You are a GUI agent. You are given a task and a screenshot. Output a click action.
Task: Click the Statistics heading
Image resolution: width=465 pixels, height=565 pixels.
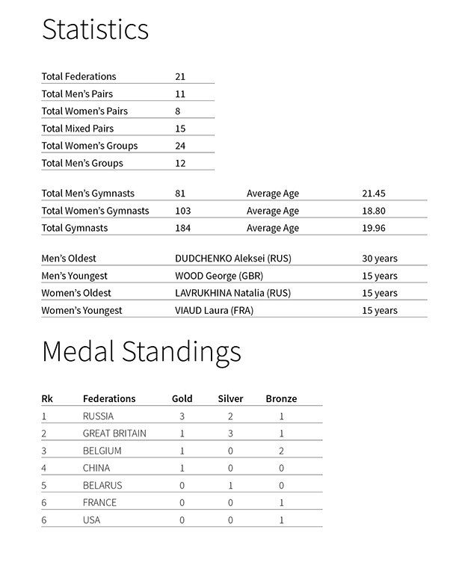click(95, 30)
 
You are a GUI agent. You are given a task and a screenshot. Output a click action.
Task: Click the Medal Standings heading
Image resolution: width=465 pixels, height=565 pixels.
click(141, 351)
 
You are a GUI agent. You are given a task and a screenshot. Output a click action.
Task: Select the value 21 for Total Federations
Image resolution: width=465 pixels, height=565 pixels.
click(179, 76)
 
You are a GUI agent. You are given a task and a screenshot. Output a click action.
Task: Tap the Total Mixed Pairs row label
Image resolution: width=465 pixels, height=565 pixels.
click(78, 129)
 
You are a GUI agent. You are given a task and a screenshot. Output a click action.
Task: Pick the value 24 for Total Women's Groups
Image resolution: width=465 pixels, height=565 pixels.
click(179, 146)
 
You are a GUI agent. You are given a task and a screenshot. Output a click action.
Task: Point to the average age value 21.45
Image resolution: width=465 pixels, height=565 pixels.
click(373, 194)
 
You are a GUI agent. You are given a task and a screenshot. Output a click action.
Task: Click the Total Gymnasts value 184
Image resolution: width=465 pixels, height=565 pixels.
click(182, 228)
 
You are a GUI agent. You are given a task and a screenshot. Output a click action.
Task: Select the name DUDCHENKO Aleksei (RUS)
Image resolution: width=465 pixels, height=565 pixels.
click(232, 259)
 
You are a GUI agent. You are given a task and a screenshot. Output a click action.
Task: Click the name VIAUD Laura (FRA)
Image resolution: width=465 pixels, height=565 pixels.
click(214, 310)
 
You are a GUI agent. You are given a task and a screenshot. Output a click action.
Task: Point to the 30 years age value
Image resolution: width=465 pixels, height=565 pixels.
click(379, 259)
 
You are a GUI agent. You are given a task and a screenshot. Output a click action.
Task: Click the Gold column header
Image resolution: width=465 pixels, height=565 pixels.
click(182, 399)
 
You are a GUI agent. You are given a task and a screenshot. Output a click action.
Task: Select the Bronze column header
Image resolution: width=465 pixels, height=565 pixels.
click(281, 399)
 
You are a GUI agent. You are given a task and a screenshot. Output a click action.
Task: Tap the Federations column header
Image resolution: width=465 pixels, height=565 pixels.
click(109, 399)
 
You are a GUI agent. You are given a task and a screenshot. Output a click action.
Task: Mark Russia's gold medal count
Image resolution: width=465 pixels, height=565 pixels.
click(182, 416)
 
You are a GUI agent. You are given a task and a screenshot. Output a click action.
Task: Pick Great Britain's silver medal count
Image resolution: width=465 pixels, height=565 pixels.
click(230, 433)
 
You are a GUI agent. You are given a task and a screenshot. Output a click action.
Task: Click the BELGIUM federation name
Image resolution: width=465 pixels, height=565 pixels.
click(102, 451)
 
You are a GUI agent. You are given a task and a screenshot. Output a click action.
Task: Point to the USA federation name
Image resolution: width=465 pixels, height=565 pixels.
click(92, 519)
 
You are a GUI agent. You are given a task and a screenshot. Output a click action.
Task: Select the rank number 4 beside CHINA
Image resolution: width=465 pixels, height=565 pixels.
click(44, 468)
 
